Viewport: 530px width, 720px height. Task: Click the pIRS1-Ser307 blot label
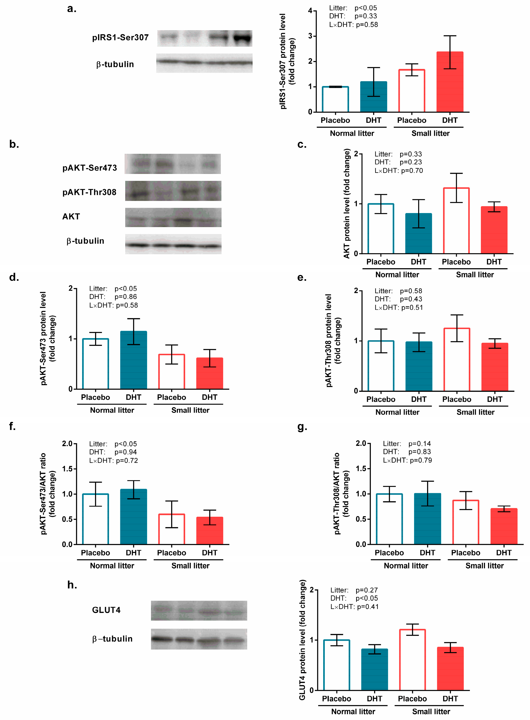pyautogui.click(x=120, y=37)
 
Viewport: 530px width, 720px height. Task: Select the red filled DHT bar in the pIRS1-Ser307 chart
pyautogui.click(x=450, y=82)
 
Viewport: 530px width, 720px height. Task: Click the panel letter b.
pyautogui.click(x=14, y=144)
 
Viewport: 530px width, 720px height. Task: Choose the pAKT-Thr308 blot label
pyautogui.click(x=89, y=192)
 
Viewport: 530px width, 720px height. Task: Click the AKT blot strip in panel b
pyautogui.click(x=173, y=218)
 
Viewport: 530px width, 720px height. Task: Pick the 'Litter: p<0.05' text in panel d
pyautogui.click(x=113, y=289)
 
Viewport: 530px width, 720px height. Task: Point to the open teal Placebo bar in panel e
pyautogui.click(x=381, y=366)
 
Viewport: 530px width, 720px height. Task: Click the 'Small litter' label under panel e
pyautogui.click(x=475, y=412)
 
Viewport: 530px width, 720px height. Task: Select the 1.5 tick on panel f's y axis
pyautogui.click(x=67, y=469)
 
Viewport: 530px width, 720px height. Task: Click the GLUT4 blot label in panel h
pyautogui.click(x=106, y=610)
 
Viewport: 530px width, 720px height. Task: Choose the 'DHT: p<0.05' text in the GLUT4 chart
pyautogui.click(x=354, y=598)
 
